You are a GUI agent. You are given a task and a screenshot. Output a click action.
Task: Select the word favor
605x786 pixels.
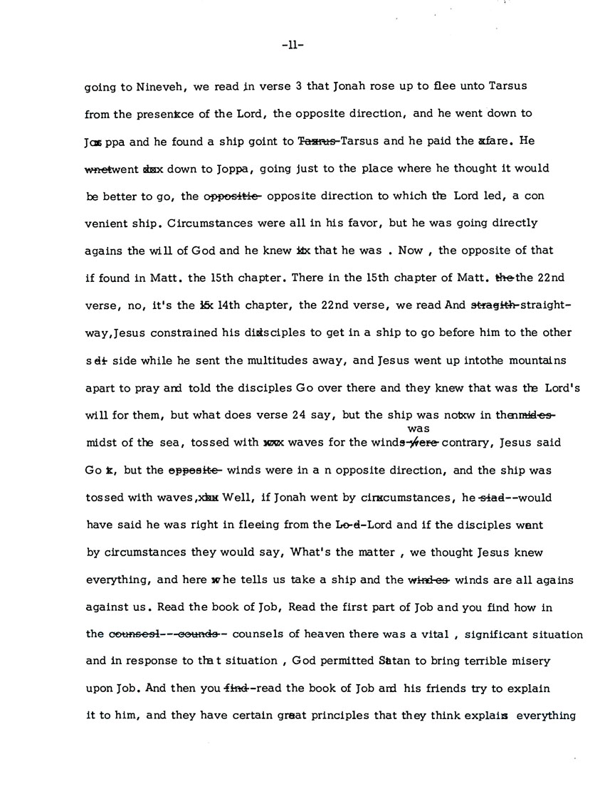pos(365,223)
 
